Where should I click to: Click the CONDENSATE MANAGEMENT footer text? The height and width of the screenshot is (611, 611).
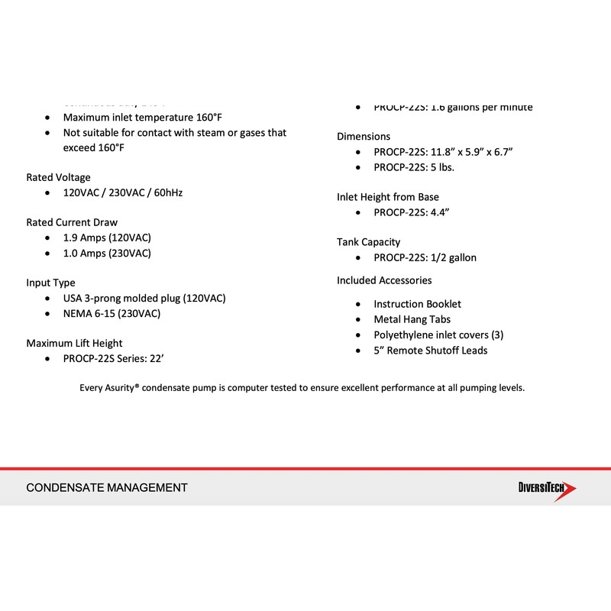(107, 487)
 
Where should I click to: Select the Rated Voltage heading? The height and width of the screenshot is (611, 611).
(58, 177)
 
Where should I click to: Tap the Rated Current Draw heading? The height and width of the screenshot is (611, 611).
(72, 222)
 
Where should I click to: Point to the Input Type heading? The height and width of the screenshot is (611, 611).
(50, 283)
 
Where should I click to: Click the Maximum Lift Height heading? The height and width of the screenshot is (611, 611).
(74, 343)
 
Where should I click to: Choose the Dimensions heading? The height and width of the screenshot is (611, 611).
(364, 136)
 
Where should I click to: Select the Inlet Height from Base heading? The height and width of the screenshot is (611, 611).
(388, 197)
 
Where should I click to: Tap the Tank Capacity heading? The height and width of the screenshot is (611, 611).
(368, 242)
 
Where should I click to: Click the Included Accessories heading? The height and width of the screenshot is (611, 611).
(384, 280)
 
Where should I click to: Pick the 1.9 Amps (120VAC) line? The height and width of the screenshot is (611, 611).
(107, 238)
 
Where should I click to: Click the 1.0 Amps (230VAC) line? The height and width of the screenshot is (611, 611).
(107, 253)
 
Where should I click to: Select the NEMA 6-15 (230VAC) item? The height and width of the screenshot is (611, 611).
(112, 313)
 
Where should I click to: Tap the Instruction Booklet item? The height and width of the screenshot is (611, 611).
(417, 304)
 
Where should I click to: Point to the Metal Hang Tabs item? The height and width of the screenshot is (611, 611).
(412, 319)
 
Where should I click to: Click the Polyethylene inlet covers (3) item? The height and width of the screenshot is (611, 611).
(438, 335)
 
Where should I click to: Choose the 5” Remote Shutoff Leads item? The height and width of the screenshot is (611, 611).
(430, 351)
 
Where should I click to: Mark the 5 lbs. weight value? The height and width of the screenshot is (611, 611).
(443, 167)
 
